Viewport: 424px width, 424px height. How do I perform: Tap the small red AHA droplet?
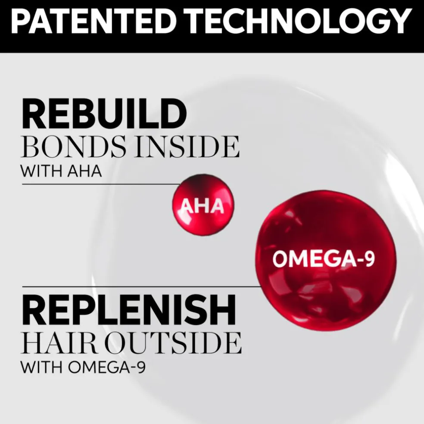(x=203, y=205)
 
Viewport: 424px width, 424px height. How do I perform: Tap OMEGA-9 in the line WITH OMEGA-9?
(x=106, y=367)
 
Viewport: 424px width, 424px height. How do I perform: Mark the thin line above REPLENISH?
(x=142, y=287)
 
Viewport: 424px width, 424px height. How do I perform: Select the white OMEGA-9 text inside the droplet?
(x=324, y=259)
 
